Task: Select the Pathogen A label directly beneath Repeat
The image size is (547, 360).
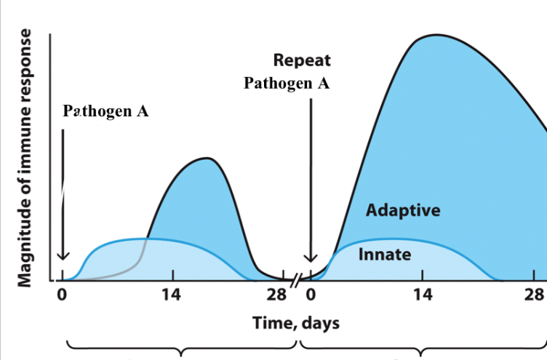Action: (287, 83)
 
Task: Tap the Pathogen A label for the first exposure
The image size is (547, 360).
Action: (106, 113)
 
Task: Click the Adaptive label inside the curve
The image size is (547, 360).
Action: (402, 211)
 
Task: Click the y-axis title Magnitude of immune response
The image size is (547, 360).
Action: (26, 158)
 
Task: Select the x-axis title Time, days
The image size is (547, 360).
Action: (295, 322)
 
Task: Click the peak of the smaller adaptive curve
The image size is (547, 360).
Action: (208, 158)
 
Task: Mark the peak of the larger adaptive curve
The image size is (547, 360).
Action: (435, 35)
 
